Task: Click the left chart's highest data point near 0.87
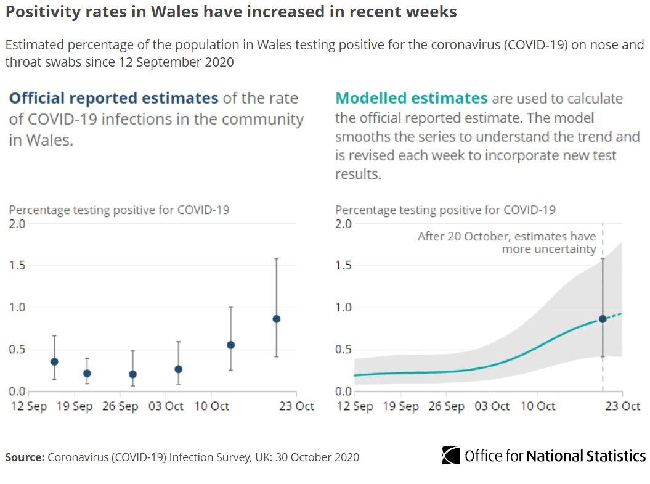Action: point(276,319)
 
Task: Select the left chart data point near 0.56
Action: point(230,345)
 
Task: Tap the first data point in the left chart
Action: point(54,361)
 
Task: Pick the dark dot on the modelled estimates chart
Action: point(603,319)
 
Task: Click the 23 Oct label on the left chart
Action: point(296,406)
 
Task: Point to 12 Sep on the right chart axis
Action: point(354,406)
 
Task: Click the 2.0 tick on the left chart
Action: point(17,224)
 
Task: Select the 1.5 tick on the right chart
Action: point(344,266)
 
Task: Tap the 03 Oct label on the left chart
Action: point(166,406)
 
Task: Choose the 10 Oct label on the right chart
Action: point(537,406)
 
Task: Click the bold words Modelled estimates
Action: point(411,99)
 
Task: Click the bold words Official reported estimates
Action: point(113,98)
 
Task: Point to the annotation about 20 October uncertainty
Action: point(506,243)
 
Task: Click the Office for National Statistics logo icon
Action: point(451,456)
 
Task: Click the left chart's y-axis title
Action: point(119,210)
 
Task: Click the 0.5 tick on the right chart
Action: point(344,350)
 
